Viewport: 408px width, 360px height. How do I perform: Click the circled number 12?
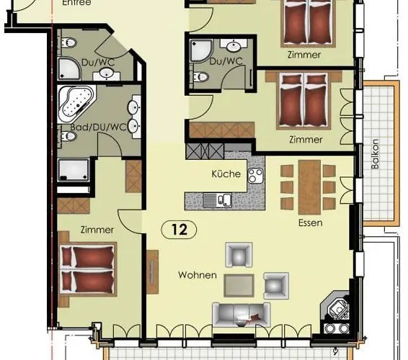179,230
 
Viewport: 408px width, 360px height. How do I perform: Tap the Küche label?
225,174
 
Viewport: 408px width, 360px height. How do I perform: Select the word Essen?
310,223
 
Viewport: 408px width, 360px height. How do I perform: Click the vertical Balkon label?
375,153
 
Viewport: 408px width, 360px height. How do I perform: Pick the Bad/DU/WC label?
92,127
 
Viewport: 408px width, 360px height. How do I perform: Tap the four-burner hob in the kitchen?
256,175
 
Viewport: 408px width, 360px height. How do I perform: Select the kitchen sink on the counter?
216,199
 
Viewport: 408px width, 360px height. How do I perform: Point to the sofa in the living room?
240,313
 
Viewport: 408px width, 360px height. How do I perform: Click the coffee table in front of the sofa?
239,286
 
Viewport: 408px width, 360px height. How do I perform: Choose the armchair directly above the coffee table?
239,254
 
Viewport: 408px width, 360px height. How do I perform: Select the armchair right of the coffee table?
275,285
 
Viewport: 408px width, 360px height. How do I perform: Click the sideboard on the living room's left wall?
152,272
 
